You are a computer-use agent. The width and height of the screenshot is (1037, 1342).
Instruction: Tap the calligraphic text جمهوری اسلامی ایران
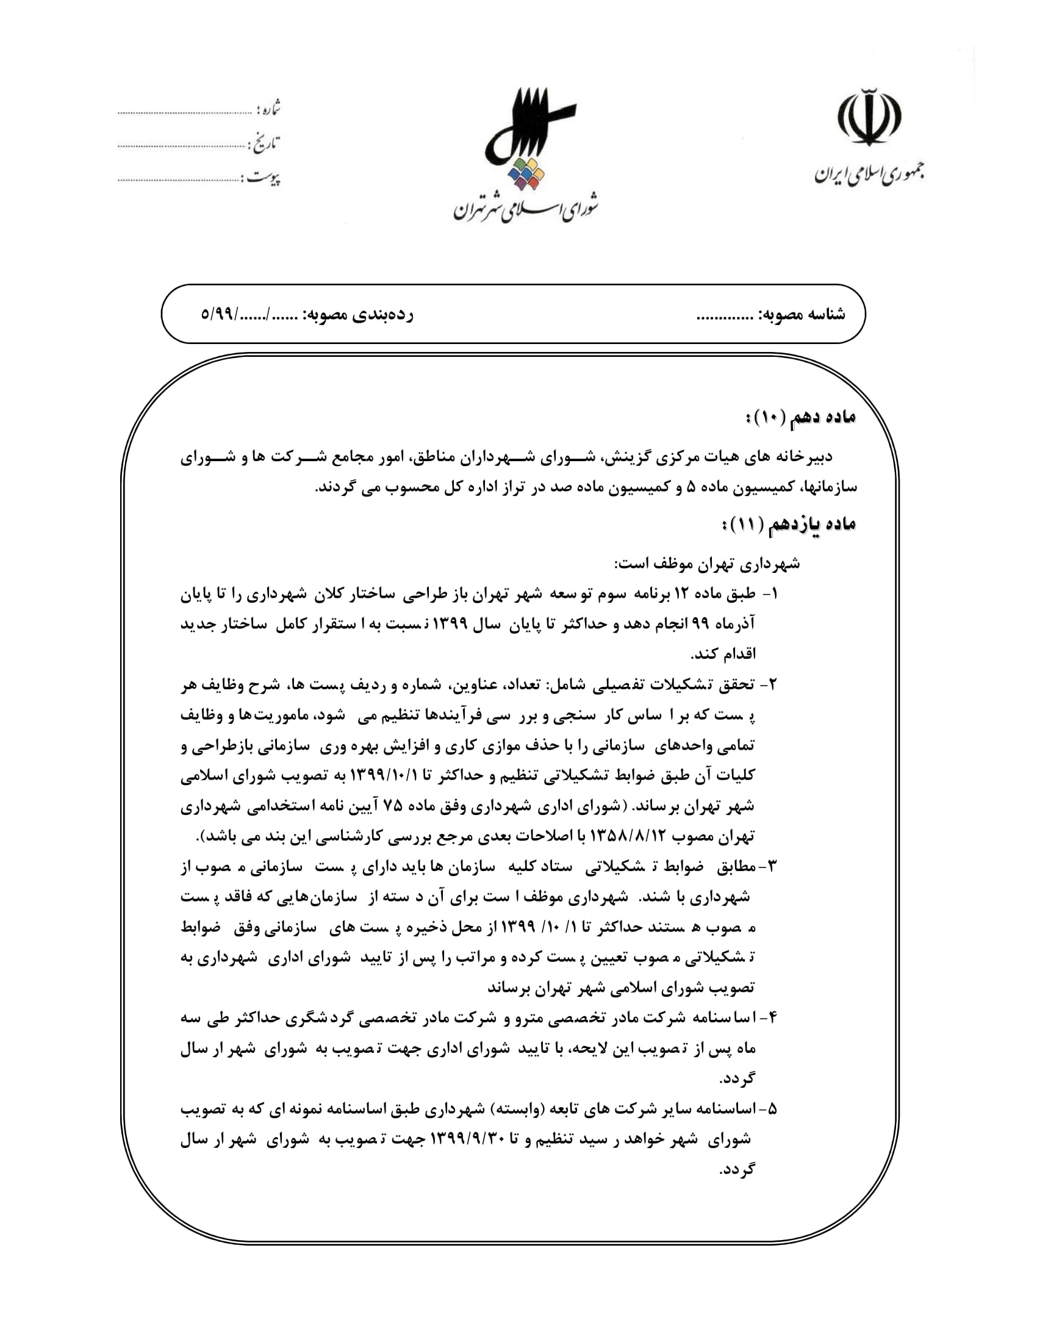tap(869, 174)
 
